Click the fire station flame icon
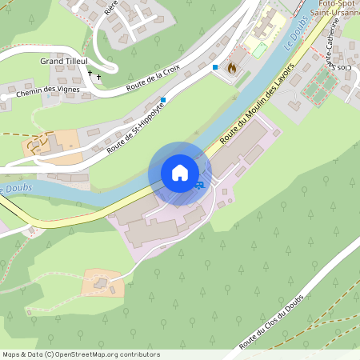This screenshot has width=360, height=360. pyautogui.click(x=232, y=68)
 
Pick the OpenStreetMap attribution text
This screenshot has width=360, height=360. pyautogui.click(x=81, y=354)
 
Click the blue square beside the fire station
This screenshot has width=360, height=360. pyautogui.click(x=215, y=68)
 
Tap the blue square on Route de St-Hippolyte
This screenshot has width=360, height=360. pyautogui.click(x=163, y=100)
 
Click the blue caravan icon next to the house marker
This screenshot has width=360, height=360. pyautogui.click(x=198, y=184)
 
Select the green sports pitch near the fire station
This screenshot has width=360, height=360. pyautogui.click(x=261, y=50)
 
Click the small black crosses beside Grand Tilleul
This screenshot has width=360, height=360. pyautogui.click(x=94, y=76)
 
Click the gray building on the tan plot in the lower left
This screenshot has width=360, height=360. pyautogui.click(x=99, y=282)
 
